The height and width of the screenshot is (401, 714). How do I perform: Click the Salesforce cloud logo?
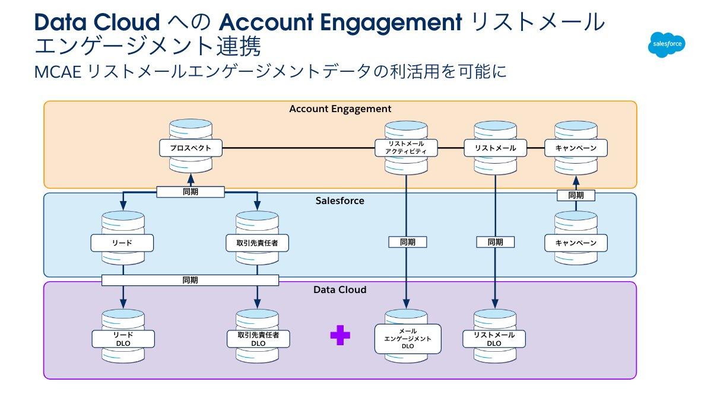[x=667, y=44]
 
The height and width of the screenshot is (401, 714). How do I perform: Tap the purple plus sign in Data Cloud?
[x=340, y=335]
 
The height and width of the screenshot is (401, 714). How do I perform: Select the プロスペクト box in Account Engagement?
[x=191, y=148]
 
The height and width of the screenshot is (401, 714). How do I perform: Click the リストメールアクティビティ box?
[x=407, y=148]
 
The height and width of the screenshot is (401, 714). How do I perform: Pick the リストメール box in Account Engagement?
[x=495, y=148]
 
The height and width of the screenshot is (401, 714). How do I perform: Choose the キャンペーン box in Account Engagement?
[x=576, y=148]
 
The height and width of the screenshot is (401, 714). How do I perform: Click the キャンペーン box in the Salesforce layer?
[x=576, y=243]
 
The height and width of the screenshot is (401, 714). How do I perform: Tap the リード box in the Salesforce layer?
[x=122, y=243]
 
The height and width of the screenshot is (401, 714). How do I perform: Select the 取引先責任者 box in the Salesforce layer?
[x=258, y=243]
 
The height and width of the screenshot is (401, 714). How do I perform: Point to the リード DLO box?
[x=123, y=339]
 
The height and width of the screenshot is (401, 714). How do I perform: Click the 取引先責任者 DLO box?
[x=258, y=339]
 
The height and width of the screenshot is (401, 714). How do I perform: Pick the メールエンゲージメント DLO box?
[x=408, y=339]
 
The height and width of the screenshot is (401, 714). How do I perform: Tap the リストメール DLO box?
[x=494, y=339]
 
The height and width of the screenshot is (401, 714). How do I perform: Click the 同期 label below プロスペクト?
[x=191, y=192]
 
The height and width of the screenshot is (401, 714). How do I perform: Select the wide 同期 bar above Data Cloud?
[x=190, y=280]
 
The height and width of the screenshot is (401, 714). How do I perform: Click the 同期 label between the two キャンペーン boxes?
[x=576, y=195]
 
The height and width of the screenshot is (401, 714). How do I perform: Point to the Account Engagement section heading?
[x=340, y=109]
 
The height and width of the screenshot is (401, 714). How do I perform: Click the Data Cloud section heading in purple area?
[x=339, y=289]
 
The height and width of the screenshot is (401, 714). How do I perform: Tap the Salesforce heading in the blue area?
[x=339, y=200]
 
